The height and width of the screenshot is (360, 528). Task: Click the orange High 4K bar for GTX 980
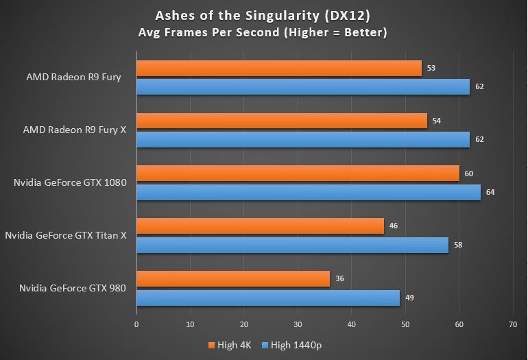point(233,279)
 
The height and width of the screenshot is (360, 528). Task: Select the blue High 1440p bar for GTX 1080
point(309,192)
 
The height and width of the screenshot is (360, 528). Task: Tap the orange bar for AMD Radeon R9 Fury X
point(282,121)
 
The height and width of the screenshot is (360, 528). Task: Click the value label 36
point(339,279)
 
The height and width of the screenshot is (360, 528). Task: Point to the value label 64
point(490,192)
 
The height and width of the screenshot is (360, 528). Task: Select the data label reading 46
point(393,226)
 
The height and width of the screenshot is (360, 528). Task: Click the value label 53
point(431,68)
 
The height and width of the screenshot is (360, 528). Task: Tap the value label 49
point(409,298)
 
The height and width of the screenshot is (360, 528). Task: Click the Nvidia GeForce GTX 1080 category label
point(70,182)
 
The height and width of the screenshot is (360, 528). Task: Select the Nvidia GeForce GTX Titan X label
point(66,235)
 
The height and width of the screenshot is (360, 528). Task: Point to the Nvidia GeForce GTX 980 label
point(73,288)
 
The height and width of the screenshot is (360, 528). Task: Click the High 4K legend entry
point(230,345)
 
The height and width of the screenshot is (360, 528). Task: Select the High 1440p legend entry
point(292,345)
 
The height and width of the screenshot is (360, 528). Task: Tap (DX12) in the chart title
point(347,16)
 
